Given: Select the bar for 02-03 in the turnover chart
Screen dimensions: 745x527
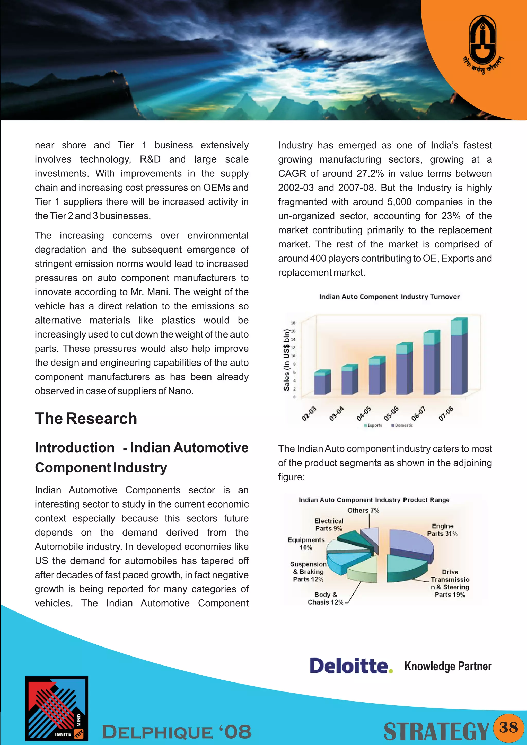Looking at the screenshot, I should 322,383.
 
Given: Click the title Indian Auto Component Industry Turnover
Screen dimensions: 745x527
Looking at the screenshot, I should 389,297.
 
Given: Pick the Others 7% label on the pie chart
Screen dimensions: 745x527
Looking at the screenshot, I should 363,510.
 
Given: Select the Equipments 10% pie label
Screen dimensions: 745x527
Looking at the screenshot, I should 306,544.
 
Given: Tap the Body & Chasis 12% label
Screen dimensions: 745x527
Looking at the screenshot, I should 326,598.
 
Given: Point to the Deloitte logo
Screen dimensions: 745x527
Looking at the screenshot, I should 351,666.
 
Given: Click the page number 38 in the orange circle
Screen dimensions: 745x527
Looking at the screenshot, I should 508,728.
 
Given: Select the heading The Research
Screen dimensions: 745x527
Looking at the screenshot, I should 86,418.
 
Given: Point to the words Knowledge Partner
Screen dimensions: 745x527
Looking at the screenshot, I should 448,666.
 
